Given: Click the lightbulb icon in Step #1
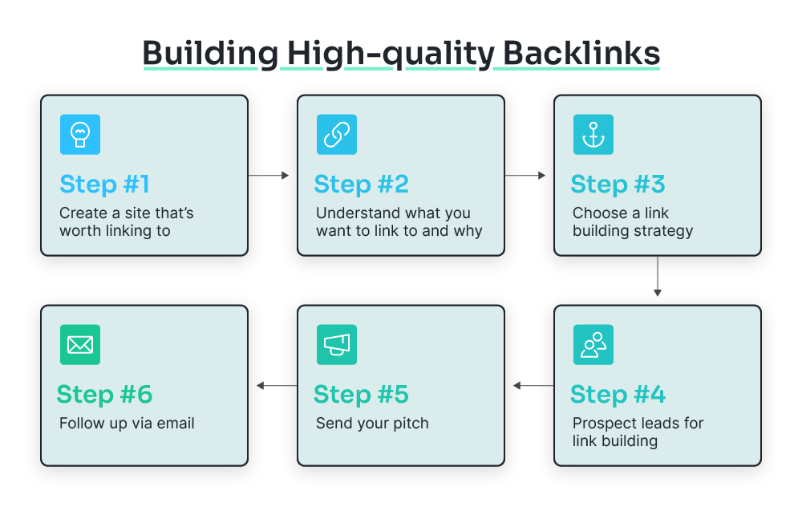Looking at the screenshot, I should (79, 134).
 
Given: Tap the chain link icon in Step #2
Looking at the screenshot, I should (336, 134).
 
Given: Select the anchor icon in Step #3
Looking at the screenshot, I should (593, 134).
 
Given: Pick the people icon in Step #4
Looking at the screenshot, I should (593, 344).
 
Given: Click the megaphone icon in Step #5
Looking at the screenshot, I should (336, 344).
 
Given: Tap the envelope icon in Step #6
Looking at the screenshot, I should (79, 344).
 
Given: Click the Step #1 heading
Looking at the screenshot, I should (104, 184).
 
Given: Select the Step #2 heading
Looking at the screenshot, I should (361, 184).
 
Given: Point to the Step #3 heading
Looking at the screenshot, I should (618, 184).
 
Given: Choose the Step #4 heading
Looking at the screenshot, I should (618, 394).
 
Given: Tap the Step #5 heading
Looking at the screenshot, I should (361, 394).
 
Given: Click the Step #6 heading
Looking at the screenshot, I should (104, 394).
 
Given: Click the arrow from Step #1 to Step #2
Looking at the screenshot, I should (269, 175).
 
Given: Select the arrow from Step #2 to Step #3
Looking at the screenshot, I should (525, 175).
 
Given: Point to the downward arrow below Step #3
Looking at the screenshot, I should (658, 277).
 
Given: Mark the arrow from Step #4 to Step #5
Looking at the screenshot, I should (533, 386).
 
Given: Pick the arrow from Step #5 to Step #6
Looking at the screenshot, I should (277, 386).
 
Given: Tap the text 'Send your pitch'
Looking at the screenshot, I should (372, 423).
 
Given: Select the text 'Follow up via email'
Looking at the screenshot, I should (127, 423).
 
